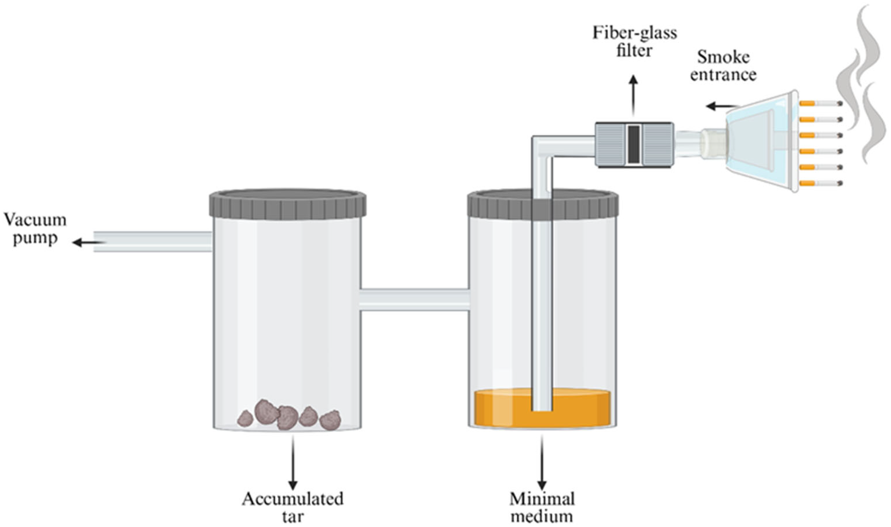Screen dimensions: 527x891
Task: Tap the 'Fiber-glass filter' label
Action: point(634,42)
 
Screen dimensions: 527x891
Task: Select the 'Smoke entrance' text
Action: point(723,66)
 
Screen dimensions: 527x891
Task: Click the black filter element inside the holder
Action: point(634,144)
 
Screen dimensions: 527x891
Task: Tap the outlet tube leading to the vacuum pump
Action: point(153,241)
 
